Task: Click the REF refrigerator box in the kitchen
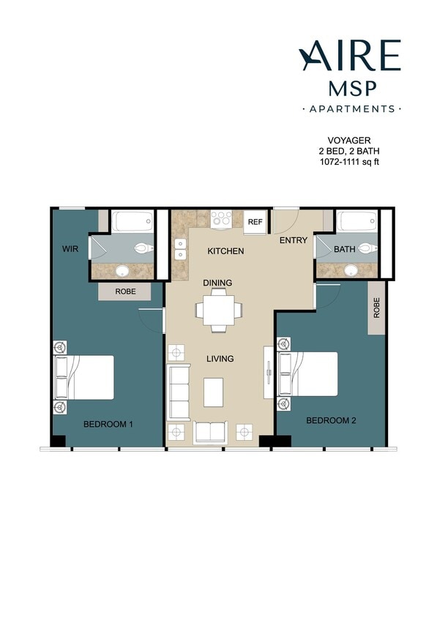tap(255, 222)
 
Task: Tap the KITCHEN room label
tap(225, 251)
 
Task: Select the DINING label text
tap(217, 283)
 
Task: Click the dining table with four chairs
tap(217, 310)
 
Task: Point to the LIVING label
tap(219, 359)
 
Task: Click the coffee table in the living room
tap(213, 391)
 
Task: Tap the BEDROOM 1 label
tap(108, 424)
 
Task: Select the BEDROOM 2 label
tap(330, 420)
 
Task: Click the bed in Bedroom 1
tap(86, 377)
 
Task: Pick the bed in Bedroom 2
tap(310, 374)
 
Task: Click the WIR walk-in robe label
tap(70, 250)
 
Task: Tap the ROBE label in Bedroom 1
tap(125, 291)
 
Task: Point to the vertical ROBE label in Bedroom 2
tap(377, 308)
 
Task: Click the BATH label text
tap(344, 249)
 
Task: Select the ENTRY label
tap(293, 240)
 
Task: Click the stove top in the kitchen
tap(221, 218)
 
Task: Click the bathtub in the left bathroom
tap(132, 221)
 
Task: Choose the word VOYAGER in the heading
tap(348, 140)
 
